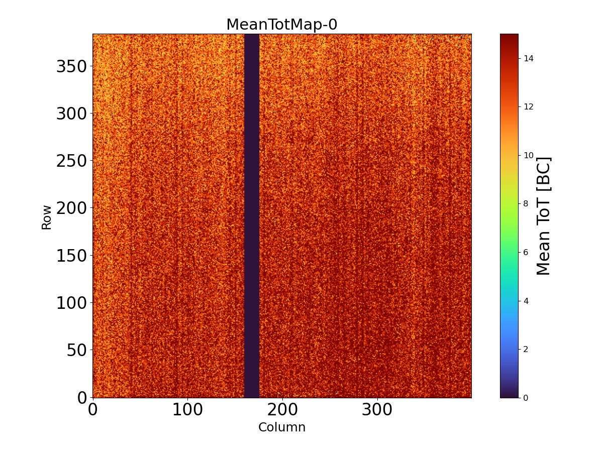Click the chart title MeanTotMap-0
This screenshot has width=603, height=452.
281,25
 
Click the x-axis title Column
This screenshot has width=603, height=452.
281,427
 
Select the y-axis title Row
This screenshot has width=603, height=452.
47,217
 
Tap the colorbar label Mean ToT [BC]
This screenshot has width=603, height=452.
544,216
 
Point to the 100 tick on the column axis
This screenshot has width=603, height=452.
187,410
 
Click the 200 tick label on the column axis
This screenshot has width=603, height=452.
282,410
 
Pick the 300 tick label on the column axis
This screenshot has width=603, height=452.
377,410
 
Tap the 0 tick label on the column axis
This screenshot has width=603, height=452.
92,410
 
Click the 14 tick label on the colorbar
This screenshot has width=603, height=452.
528,58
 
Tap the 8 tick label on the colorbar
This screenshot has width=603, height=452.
526,203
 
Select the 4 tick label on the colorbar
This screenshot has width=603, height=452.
526,300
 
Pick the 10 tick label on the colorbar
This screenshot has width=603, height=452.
528,155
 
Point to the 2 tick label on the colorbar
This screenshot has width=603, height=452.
526,349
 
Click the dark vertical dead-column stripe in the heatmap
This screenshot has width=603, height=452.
251,216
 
